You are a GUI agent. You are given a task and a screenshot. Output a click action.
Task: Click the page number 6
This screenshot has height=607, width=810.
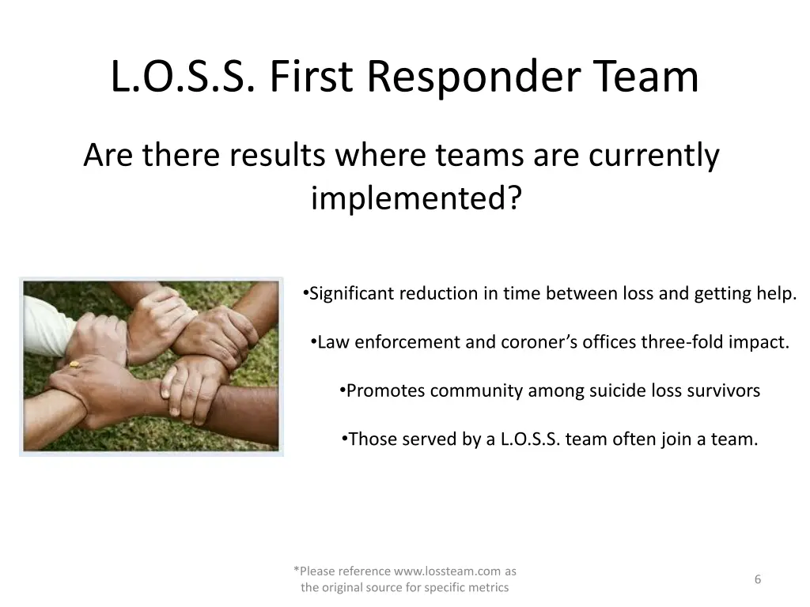click(757, 579)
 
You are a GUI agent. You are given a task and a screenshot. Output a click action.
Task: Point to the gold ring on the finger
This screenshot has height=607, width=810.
click(74, 364)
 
